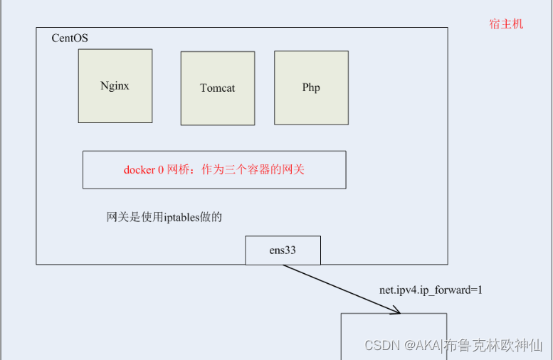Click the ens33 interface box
click(283, 250)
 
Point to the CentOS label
click(70, 38)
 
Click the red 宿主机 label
click(506, 23)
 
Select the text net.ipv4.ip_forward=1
click(431, 290)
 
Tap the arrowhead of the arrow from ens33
click(396, 310)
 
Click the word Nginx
click(115, 85)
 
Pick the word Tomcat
click(218, 88)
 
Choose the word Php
click(311, 88)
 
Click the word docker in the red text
click(139, 170)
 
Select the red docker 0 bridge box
click(214, 169)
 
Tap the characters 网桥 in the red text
click(177, 170)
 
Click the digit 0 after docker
click(161, 170)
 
